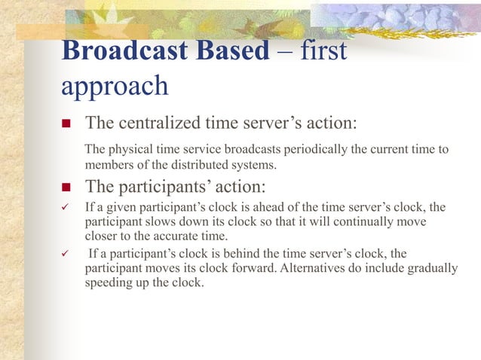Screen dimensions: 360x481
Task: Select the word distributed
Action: (x=216, y=165)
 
